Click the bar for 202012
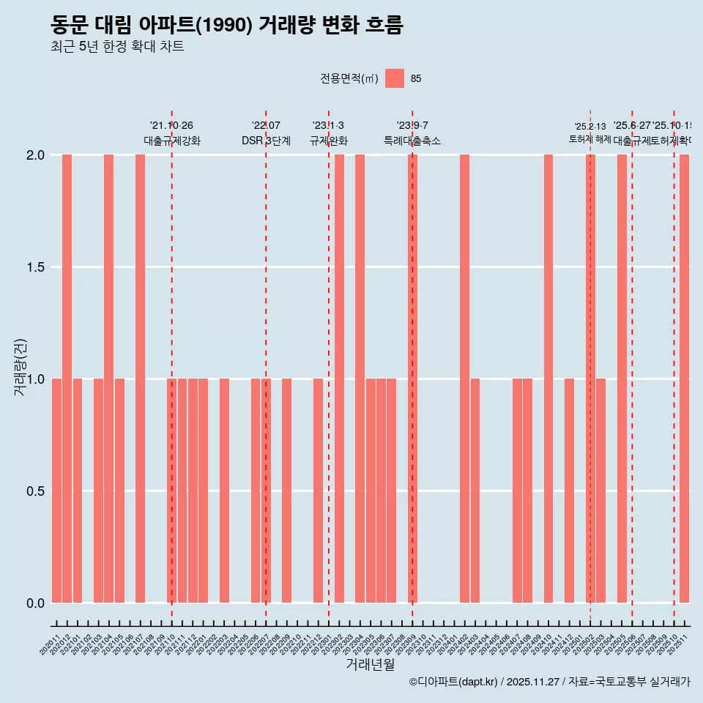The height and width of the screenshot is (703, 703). point(67,379)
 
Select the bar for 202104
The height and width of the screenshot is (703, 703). point(108,379)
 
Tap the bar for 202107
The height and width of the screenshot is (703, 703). point(140,379)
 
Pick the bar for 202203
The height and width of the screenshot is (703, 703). point(224,491)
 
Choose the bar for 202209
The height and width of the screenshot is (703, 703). point(287,491)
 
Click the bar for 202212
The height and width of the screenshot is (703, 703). point(318,491)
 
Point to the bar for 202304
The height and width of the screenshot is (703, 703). point(360,379)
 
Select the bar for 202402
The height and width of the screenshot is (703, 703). point(464,379)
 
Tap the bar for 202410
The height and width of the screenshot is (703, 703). point(548,379)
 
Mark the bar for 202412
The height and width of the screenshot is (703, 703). point(569,491)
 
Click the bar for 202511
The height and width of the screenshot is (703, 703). point(684,379)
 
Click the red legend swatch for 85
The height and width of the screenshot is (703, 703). point(395,78)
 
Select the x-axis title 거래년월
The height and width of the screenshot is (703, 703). point(370,665)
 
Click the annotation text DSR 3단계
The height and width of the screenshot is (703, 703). point(266,141)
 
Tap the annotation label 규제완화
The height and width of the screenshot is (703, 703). point(328,141)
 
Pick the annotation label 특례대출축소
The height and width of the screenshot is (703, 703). point(412,141)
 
